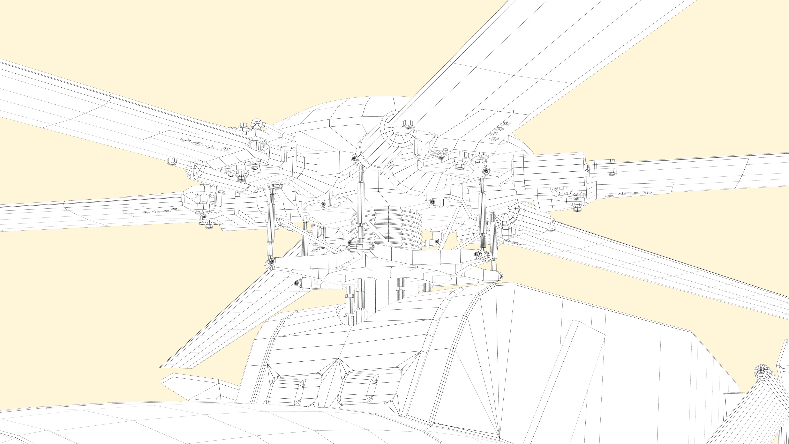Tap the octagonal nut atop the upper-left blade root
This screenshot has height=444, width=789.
(256, 124)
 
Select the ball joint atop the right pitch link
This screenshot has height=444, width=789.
(486, 170)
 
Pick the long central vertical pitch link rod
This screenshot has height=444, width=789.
(361, 202)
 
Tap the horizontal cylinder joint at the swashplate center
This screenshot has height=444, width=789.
(362, 247)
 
